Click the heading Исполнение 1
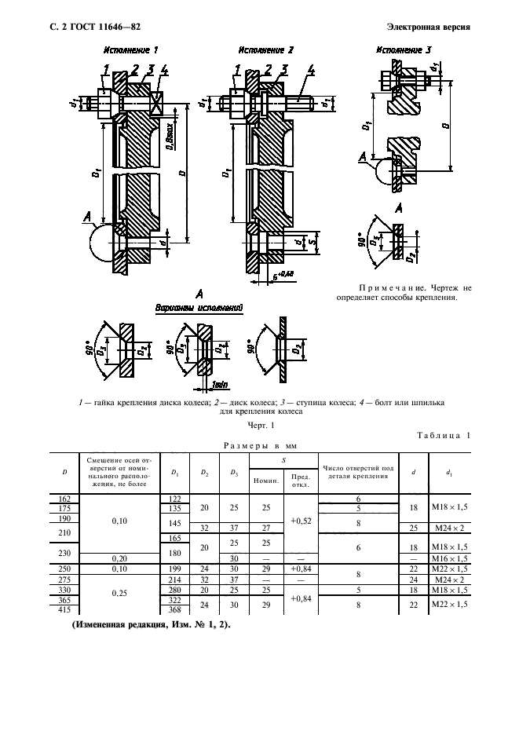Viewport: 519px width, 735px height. pyautogui.click(x=130, y=49)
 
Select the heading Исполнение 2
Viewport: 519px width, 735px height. pyautogui.click(x=265, y=49)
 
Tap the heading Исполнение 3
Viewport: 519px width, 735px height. pyautogui.click(x=404, y=49)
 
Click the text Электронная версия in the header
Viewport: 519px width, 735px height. pyautogui.click(x=429, y=27)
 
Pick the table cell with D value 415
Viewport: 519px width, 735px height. pyautogui.click(x=64, y=609)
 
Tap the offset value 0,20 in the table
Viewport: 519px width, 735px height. pyautogui.click(x=120, y=558)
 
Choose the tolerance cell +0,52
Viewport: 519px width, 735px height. pyautogui.click(x=301, y=521)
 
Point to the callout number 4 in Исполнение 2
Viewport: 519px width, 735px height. pyautogui.click(x=311, y=69)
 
